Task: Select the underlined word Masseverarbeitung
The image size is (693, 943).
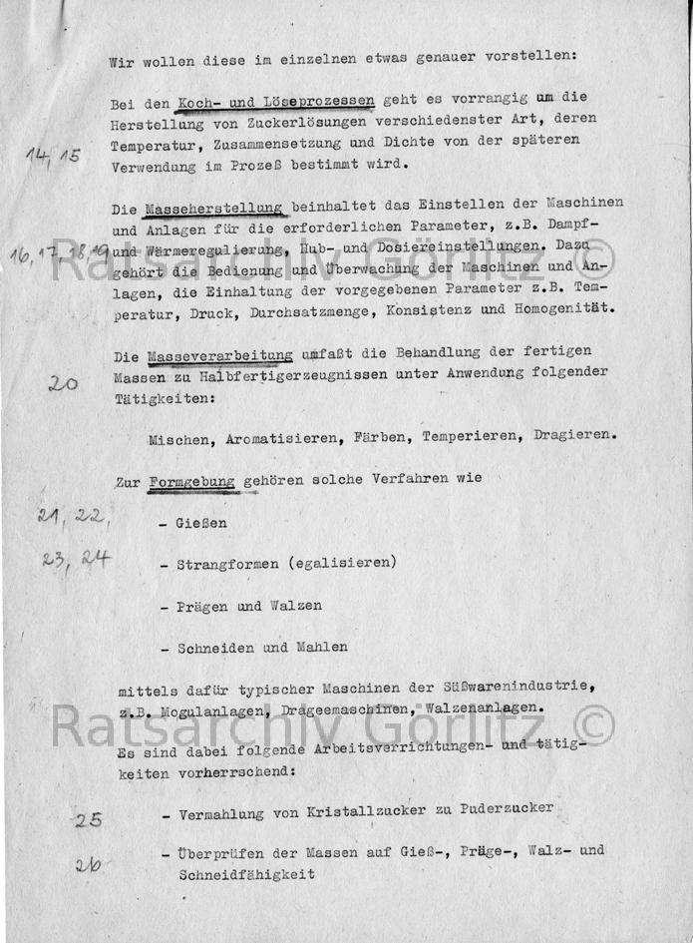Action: click(x=220, y=354)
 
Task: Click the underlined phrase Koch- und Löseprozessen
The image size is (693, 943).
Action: click(x=274, y=100)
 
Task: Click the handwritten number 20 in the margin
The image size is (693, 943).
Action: click(x=63, y=382)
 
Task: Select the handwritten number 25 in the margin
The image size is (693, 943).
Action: click(x=88, y=820)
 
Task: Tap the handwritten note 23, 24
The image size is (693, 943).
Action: click(x=76, y=559)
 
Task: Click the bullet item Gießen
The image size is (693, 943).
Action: click(x=201, y=523)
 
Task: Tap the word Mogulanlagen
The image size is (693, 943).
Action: click(x=207, y=708)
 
